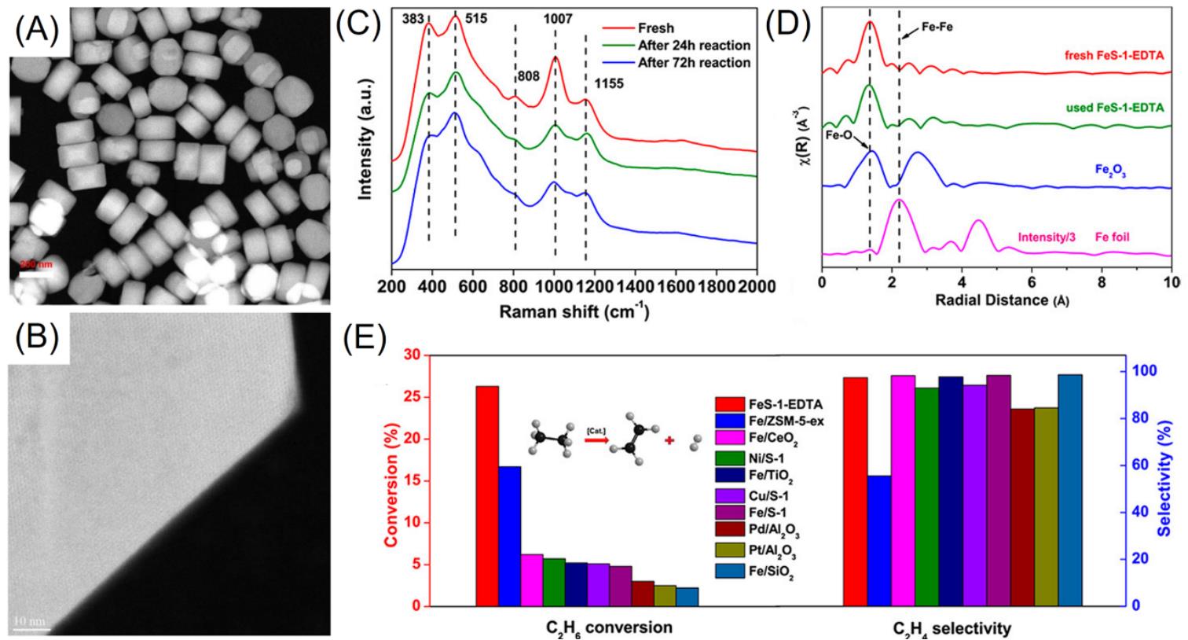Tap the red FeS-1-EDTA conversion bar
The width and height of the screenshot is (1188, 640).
(487, 495)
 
